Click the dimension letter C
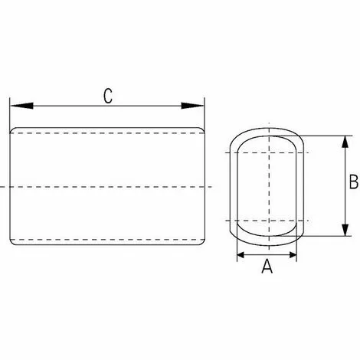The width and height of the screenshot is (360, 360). click(x=108, y=96)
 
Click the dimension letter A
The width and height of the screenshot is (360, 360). click(x=267, y=266)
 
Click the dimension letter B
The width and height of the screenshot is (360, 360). click(x=354, y=182)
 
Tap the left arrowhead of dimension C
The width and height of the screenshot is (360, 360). click(x=21, y=106)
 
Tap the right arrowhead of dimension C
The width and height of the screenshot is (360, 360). click(x=192, y=106)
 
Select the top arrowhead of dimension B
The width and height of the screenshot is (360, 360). click(x=345, y=142)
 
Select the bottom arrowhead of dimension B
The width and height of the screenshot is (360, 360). click(x=345, y=230)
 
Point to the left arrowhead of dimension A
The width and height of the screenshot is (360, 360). click(x=241, y=254)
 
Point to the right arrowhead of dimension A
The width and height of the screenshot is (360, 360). click(x=293, y=254)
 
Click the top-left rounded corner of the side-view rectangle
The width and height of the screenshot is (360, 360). click(x=11, y=129)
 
